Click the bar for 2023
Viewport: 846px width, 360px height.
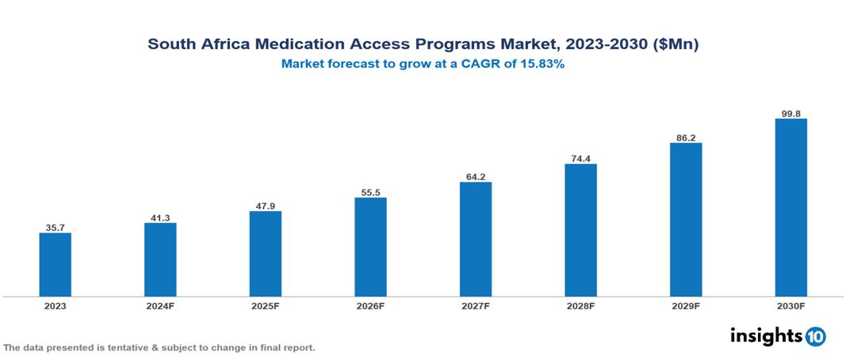click(56, 264)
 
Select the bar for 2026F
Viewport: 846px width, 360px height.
click(370, 247)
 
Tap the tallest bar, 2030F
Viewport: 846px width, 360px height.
click(790, 208)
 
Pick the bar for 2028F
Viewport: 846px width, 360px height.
click(580, 230)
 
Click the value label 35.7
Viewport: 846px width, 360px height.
click(56, 228)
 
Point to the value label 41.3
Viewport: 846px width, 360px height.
click(160, 217)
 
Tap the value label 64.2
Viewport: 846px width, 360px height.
click(476, 177)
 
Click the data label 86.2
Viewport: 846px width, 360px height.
click(686, 137)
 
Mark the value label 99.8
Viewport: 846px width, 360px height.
click(790, 113)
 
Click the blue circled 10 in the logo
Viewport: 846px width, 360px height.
click(815, 336)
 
